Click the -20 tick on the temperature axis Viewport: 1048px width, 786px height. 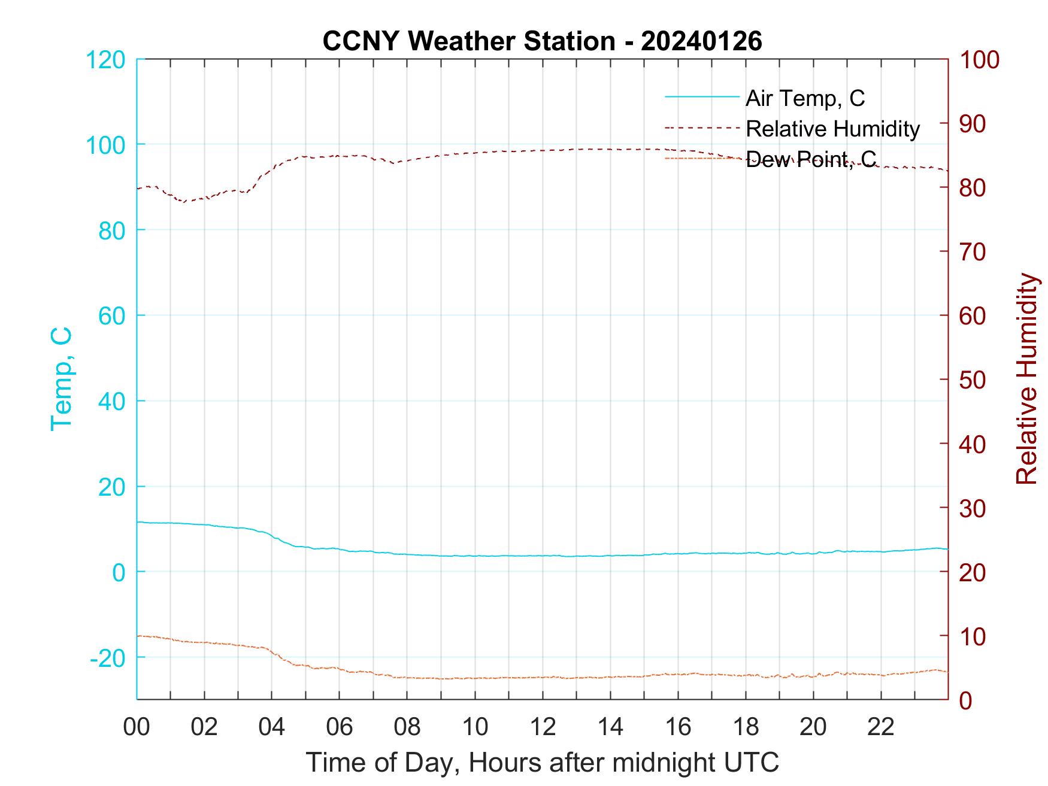108,658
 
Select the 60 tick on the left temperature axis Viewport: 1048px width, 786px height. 111,316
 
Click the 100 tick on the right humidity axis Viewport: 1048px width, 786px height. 979,60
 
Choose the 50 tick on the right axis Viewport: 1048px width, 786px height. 972,380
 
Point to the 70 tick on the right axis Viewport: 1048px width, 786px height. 972,252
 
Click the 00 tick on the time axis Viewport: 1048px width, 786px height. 137,727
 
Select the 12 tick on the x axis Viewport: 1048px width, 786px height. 543,727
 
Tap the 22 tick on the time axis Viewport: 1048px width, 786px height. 881,727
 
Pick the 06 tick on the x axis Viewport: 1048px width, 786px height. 340,727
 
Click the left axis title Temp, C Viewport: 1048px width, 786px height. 61,379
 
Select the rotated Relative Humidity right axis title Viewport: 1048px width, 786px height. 1026,379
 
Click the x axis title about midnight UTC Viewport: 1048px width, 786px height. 543,762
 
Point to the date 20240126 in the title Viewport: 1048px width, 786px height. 701,41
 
